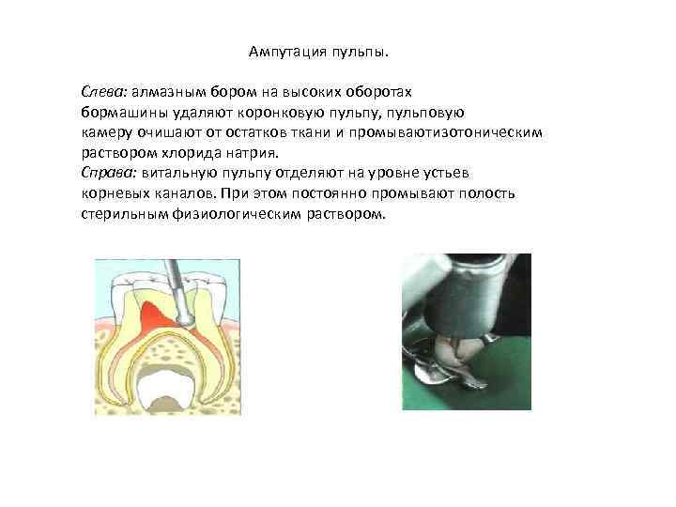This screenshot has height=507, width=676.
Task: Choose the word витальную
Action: tap(181, 173)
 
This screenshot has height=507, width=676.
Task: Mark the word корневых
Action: tap(112, 192)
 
